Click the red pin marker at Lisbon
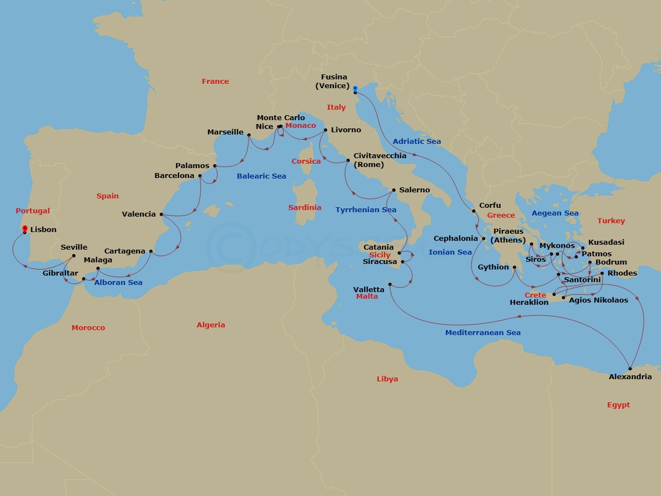pos(25,229)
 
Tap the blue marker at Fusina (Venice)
pos(355,89)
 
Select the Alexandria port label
pos(630,377)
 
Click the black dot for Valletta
pos(389,284)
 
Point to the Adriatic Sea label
pos(416,142)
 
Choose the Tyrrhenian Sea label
pos(366,209)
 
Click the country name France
pos(215,81)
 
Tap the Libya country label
pos(387,379)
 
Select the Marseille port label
pos(225,132)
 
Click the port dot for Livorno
pos(326,130)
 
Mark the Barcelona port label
pos(174,176)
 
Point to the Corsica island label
pos(306,161)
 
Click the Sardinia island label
pos(305,208)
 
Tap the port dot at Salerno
pos(393,190)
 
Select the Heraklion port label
pos(529,303)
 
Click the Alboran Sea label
pos(118,283)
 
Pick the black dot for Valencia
pos(161,214)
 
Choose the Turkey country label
pos(611,221)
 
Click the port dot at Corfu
pos(474,211)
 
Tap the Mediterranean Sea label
pos(483,333)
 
